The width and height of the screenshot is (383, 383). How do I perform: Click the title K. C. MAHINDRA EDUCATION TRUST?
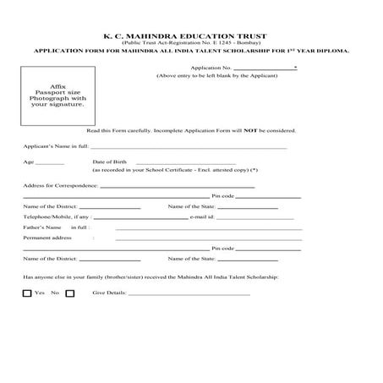(191, 36)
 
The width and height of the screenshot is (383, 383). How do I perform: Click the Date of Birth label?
(109, 161)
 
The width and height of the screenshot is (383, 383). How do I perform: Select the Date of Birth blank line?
(185, 162)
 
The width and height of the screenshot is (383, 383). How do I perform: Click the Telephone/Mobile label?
(55, 216)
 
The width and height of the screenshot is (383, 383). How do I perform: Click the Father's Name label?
(43, 227)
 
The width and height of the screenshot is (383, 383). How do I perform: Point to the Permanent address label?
(47, 238)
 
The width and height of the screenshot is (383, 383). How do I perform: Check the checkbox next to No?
(69, 293)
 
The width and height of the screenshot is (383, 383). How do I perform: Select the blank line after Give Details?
(189, 293)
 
